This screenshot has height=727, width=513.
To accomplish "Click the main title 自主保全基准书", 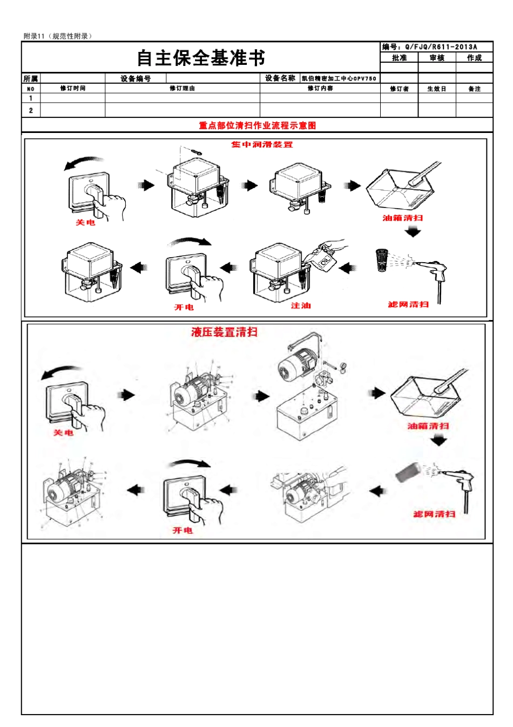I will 200,58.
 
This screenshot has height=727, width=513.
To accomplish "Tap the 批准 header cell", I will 399,58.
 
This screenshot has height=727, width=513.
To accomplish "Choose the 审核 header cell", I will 437,58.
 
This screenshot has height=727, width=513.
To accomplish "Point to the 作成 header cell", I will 474,58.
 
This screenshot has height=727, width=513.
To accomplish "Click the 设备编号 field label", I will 136,78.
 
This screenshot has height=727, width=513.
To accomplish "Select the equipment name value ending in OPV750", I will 339,78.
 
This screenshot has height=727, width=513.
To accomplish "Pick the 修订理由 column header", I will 182,88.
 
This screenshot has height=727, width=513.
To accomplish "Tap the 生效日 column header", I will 436,89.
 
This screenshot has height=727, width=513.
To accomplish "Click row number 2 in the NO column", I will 31,110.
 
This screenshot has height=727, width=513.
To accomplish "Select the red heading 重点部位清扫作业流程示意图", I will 257,125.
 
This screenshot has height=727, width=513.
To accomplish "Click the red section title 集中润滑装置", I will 262,144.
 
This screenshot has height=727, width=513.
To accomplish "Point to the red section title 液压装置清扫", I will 224,332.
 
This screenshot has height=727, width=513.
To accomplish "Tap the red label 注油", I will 301,306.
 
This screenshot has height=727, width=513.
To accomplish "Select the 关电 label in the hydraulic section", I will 63,432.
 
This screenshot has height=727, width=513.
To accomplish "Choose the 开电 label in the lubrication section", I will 184,307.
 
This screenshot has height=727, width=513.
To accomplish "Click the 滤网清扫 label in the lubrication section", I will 408,304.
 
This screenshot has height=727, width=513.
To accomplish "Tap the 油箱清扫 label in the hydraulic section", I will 428,426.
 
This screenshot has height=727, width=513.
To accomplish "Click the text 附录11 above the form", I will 34,36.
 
